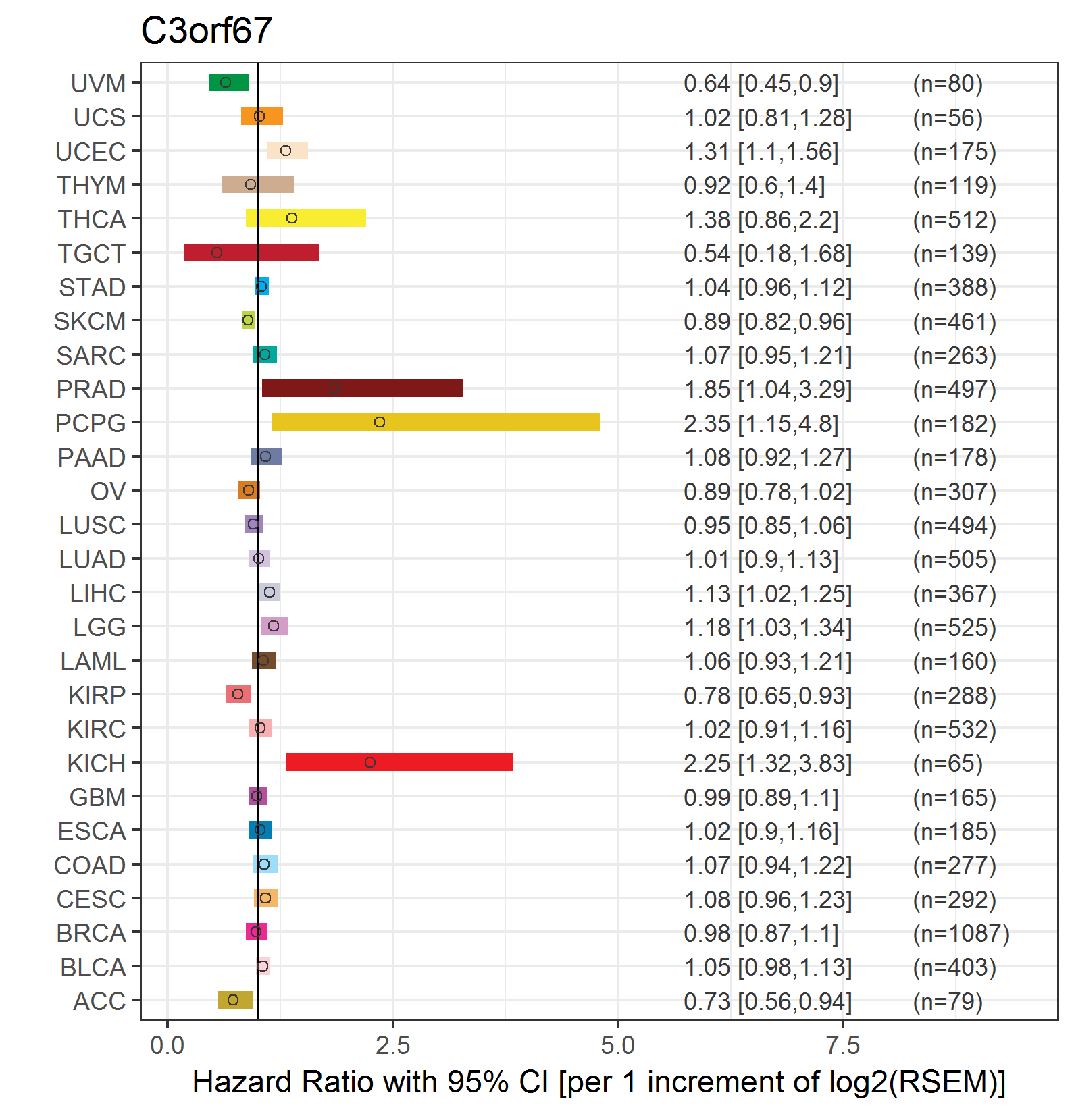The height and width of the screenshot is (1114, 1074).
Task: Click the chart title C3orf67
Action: click(206, 31)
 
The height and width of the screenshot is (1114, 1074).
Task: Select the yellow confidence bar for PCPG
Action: click(435, 422)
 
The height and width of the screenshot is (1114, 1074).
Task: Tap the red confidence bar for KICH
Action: click(399, 762)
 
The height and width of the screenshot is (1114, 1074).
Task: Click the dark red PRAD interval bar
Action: click(362, 388)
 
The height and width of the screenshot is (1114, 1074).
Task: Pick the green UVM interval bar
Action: click(228, 82)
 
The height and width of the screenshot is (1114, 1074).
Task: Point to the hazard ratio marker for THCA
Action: click(292, 218)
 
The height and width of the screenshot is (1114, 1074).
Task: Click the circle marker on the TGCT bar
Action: click(217, 253)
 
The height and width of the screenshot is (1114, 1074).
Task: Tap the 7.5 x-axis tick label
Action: click(843, 1046)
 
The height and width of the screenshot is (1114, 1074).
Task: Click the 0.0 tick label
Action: click(168, 1046)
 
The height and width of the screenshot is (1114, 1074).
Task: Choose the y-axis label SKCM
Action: click(90, 321)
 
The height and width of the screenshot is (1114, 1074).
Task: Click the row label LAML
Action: click(93, 662)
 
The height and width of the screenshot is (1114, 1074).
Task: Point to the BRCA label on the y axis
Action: click(91, 933)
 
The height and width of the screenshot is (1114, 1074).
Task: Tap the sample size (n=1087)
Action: click(961, 934)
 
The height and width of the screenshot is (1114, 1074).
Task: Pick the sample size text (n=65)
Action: click(948, 764)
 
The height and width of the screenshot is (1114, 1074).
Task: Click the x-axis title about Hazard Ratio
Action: click(599, 1082)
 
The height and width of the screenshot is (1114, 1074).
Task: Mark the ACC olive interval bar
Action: click(235, 1000)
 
